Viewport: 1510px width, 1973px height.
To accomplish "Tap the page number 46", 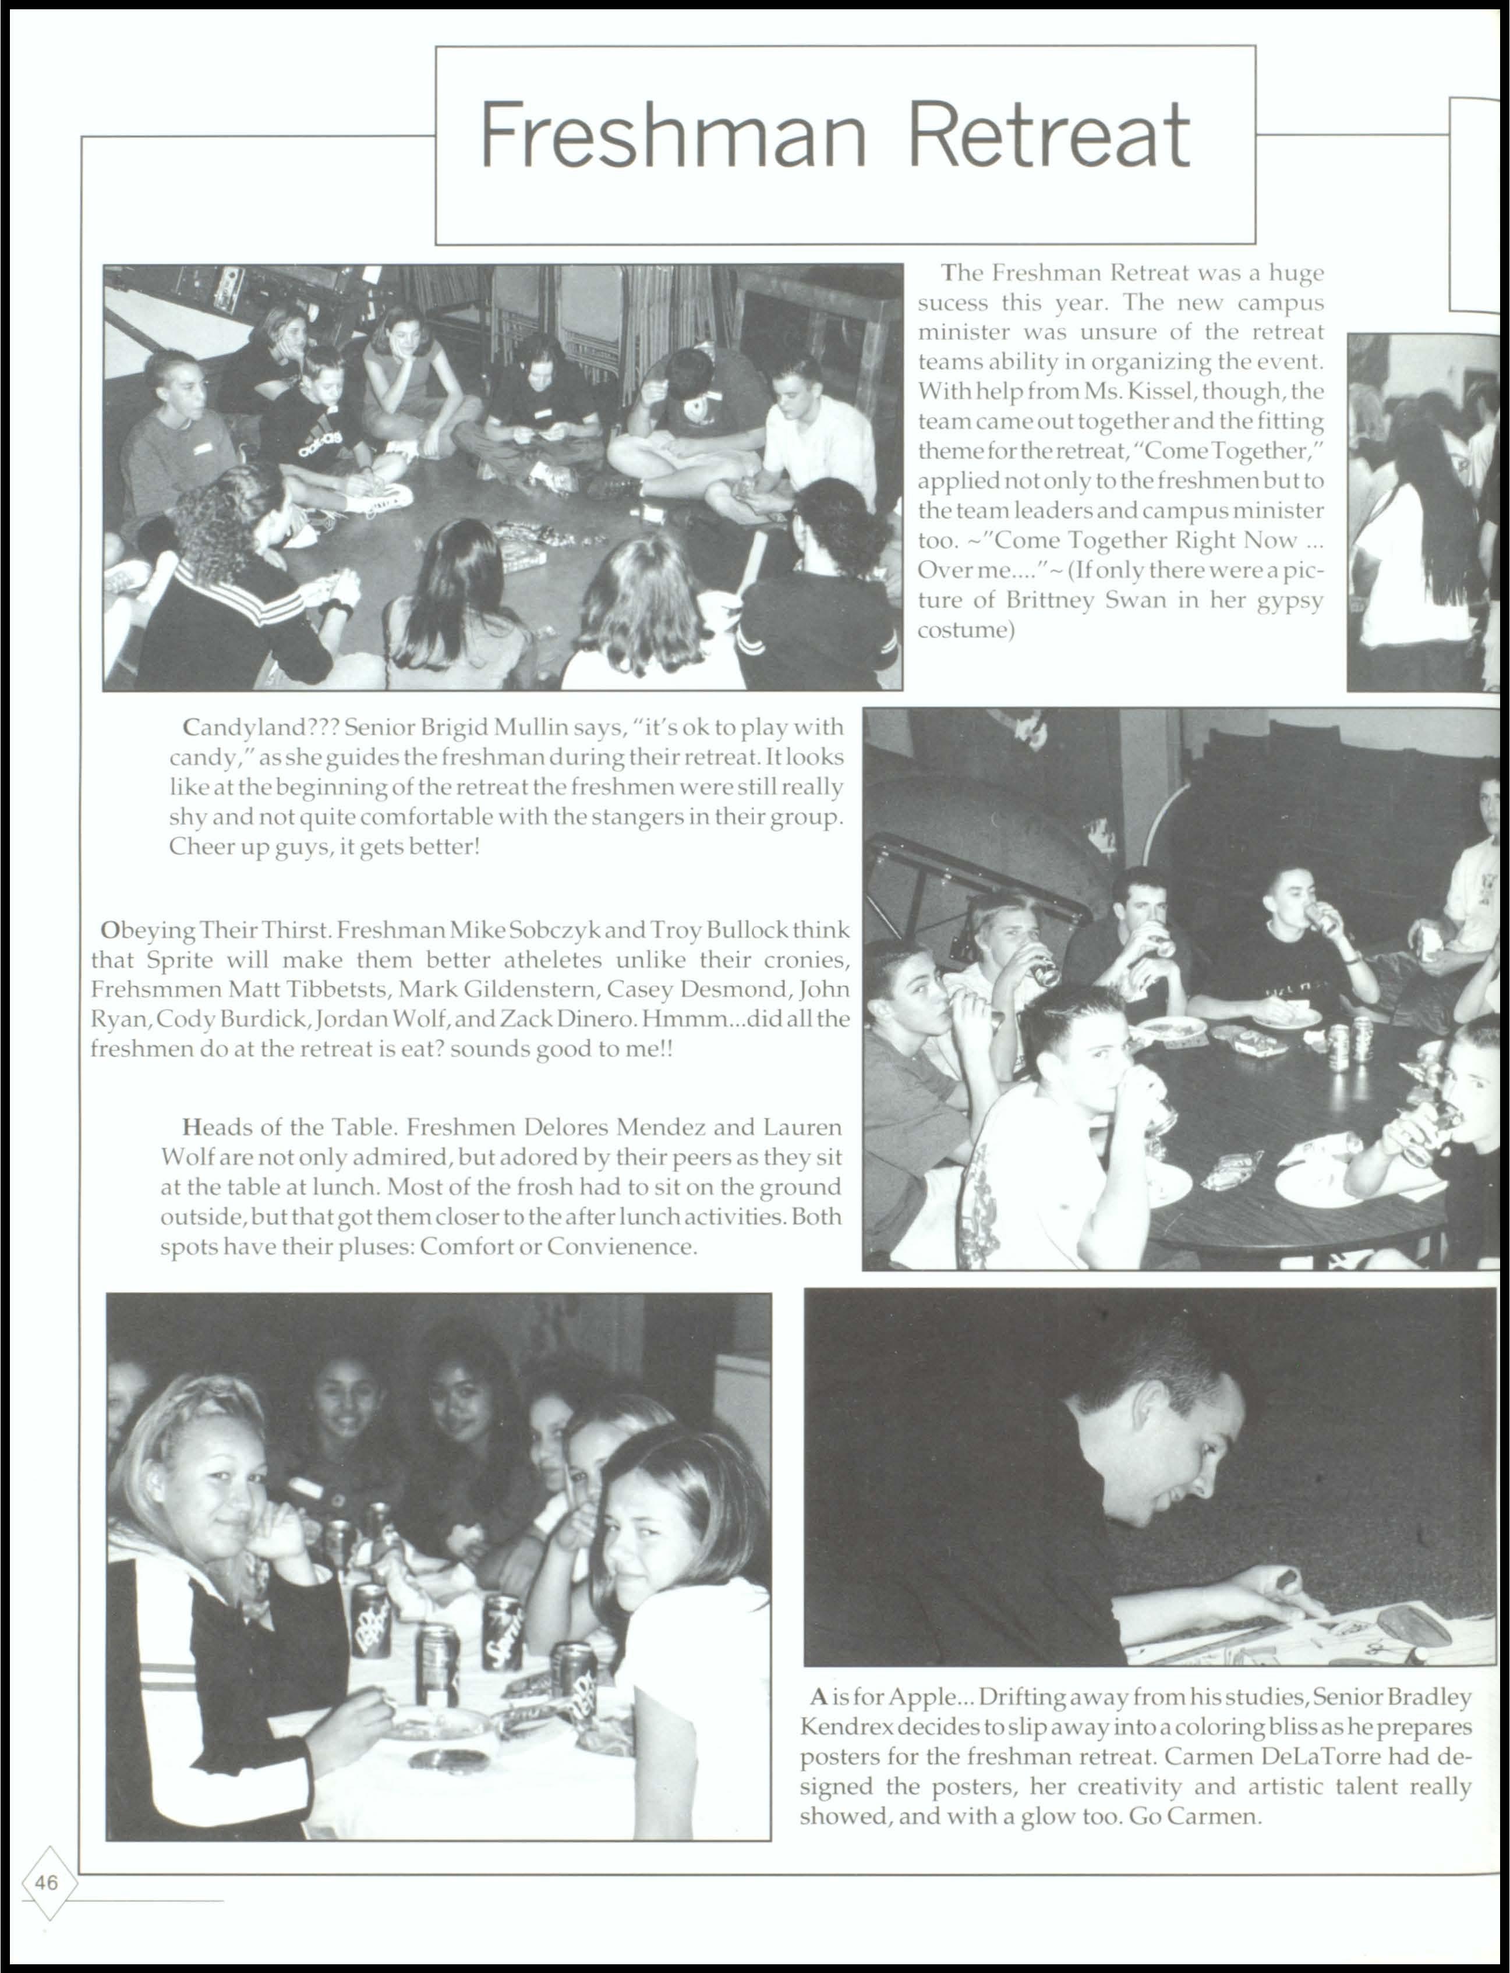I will (47, 1882).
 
